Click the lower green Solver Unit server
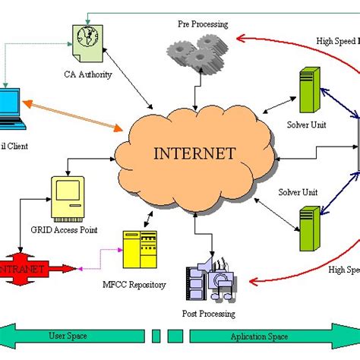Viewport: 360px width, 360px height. coord(308,227)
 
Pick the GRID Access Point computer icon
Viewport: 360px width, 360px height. coord(66,196)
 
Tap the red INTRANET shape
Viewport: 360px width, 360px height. coord(23,268)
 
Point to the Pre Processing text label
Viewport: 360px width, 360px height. coord(202,24)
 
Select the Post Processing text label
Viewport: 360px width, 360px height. coord(209,313)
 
